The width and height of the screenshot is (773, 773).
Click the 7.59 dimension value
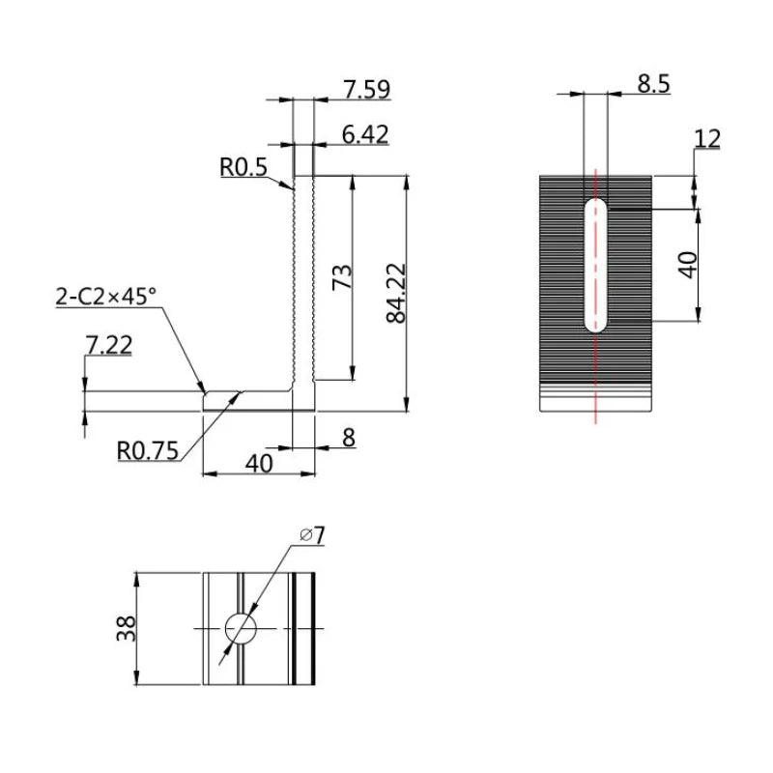[x=366, y=90]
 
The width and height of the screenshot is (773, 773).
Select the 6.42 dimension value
[x=365, y=134]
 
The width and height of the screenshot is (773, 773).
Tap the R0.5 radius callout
[x=243, y=167]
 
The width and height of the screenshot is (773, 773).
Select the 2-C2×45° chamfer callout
[x=105, y=297]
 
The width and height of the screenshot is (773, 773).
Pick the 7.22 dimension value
[x=108, y=344]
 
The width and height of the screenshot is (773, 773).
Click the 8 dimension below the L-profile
[x=348, y=438]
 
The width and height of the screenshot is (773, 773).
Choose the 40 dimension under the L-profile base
[x=258, y=463]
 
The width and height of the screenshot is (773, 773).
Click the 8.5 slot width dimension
[x=653, y=83]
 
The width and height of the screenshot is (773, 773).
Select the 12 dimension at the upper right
[x=707, y=138]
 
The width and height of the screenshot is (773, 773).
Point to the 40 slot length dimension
[x=687, y=264]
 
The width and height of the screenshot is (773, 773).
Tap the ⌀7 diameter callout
[x=311, y=534]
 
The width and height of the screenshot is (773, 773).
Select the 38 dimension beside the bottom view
[x=126, y=629]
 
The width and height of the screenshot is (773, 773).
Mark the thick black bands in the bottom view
[x=304, y=629]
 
